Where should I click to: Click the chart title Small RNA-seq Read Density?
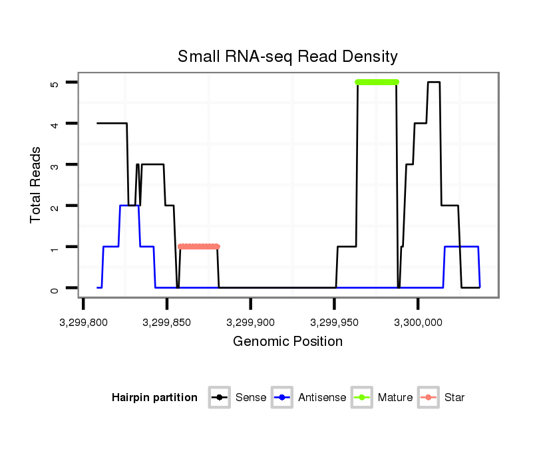[x=287, y=57]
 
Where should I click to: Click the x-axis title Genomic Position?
[x=287, y=342]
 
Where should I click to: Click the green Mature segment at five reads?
[x=377, y=82]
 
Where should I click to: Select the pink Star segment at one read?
[x=198, y=247]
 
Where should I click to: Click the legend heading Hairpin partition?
[x=154, y=398]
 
